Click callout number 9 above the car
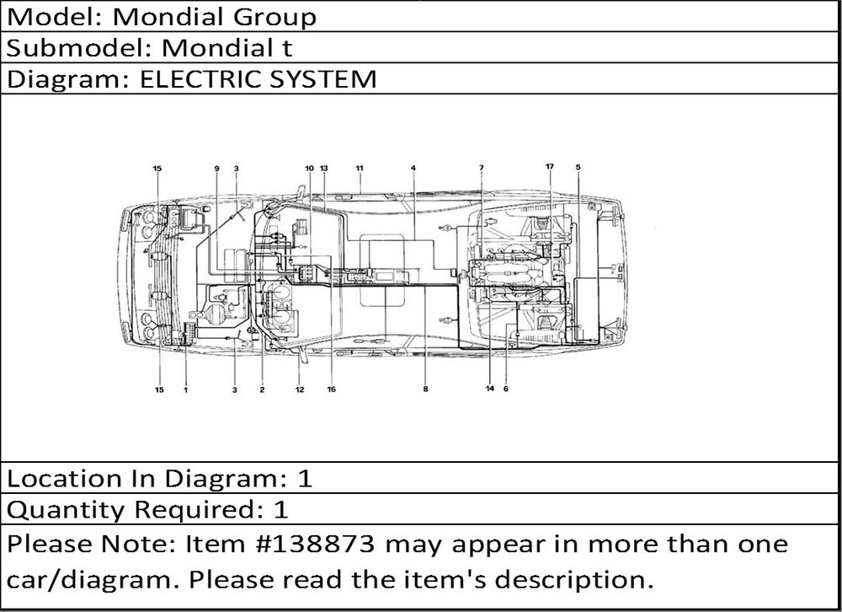point(217,169)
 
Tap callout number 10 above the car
point(309,169)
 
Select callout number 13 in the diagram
point(324,169)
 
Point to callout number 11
point(360,169)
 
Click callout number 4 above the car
point(413,169)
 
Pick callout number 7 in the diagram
point(482,169)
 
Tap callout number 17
point(549,167)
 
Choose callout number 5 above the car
point(578,167)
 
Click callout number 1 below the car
point(186,390)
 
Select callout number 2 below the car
point(262,390)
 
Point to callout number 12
point(300,390)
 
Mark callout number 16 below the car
point(331,389)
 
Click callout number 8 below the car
point(426,389)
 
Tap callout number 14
point(490,389)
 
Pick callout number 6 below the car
point(506,389)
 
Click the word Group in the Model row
point(274,17)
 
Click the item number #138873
point(318,544)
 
